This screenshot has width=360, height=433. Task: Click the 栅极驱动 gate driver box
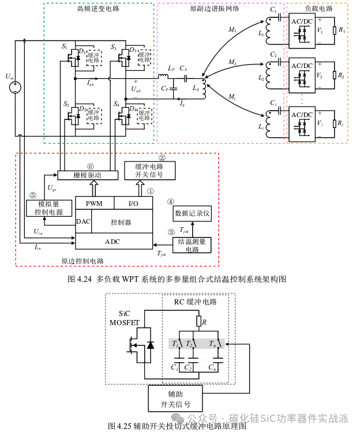point(87,175)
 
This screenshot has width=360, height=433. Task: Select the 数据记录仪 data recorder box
point(193,213)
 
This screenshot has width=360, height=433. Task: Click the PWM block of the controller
point(94,204)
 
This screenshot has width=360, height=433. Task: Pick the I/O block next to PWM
point(133,204)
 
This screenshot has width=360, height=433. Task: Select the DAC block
point(83,221)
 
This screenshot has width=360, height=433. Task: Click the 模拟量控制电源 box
point(49,208)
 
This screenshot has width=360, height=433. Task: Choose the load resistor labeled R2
point(333,76)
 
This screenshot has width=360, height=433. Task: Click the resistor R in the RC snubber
point(197,322)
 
